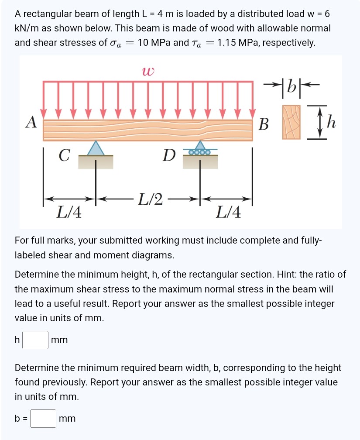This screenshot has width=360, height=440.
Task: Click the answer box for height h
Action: [x=35, y=340]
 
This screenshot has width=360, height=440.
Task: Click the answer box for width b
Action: [x=43, y=419]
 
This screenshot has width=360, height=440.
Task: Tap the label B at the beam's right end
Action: [x=264, y=124]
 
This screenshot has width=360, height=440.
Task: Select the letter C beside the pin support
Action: [x=65, y=155]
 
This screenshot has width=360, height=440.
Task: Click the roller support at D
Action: [x=200, y=149]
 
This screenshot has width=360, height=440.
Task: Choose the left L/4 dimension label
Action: [x=70, y=213]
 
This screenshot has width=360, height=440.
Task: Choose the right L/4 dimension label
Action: [x=228, y=213]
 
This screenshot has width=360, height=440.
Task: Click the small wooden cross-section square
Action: [x=291, y=122]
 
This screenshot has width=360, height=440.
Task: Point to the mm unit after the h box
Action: [x=59, y=340]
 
